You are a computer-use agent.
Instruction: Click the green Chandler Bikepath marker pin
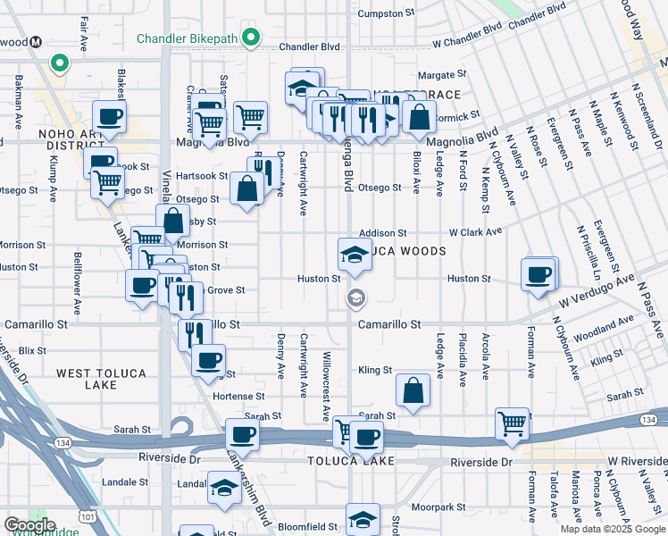[252, 38]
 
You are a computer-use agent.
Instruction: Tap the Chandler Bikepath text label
[187, 38]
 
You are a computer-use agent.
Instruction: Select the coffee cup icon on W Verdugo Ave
[539, 275]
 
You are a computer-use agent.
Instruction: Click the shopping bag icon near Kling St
[413, 390]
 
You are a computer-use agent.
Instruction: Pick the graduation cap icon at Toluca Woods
[355, 255]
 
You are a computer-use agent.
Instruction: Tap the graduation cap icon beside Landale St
[223, 488]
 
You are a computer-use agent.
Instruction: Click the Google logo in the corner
[29, 525]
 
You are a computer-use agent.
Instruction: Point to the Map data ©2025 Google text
[612, 529]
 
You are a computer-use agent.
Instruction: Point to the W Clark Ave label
[476, 232]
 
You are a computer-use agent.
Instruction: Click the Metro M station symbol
[37, 42]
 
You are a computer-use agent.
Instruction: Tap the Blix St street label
[31, 351]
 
